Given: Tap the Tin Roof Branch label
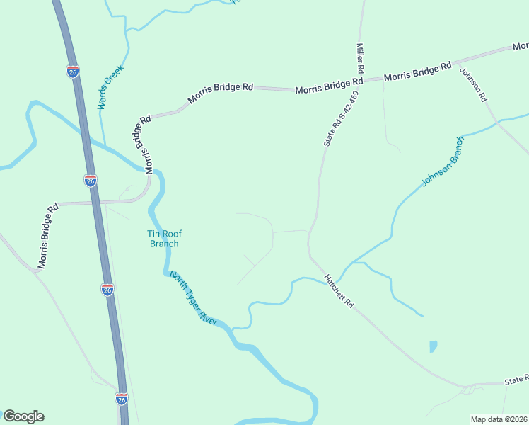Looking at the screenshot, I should [x=163, y=239].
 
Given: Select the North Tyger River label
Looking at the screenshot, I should [x=193, y=297].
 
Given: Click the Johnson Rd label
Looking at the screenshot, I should [x=474, y=84].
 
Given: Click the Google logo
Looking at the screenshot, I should [x=23, y=416].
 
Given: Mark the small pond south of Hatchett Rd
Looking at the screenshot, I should [x=433, y=346].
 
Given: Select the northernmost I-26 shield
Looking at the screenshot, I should [x=73, y=72].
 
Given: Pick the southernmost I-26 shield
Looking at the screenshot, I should [x=121, y=399].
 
